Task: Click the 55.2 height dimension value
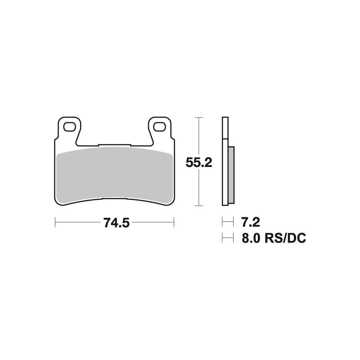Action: click(x=198, y=162)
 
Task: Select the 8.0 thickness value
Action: click(x=251, y=238)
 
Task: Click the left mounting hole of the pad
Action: click(x=70, y=127)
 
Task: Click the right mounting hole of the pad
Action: click(x=159, y=127)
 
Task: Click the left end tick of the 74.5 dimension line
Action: click(x=55, y=222)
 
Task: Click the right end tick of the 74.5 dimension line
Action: click(x=174, y=222)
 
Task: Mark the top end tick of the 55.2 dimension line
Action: click(x=198, y=117)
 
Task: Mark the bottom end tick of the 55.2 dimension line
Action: click(x=198, y=206)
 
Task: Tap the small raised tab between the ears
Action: click(x=115, y=145)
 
